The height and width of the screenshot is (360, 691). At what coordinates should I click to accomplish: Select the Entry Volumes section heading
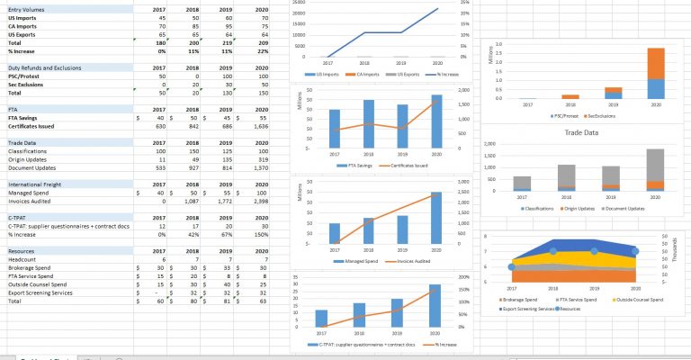click(x=28, y=9)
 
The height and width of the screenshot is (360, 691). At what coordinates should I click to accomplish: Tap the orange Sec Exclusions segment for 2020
click(x=656, y=63)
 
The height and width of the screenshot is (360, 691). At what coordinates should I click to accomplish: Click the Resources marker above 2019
click(x=594, y=252)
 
